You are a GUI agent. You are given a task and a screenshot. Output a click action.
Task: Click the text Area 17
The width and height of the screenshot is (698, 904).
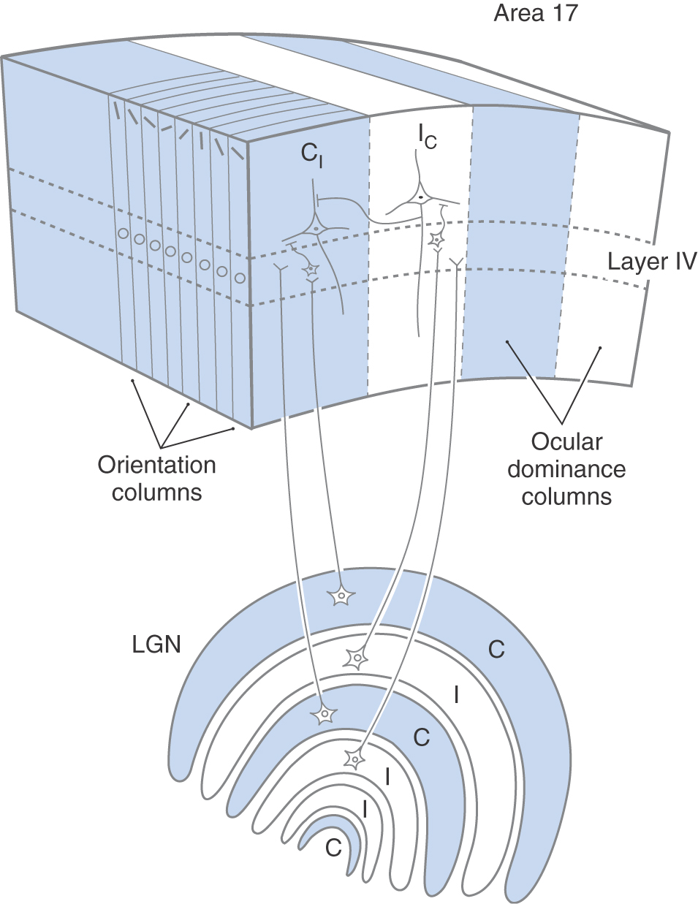(536, 13)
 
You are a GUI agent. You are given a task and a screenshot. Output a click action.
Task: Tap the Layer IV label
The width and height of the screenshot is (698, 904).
(652, 261)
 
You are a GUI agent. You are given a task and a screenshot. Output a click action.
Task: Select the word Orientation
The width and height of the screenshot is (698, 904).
(156, 465)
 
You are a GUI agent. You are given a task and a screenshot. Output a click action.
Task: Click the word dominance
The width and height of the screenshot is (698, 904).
(566, 469)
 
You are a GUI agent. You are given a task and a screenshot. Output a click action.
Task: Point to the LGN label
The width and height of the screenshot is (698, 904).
(156, 644)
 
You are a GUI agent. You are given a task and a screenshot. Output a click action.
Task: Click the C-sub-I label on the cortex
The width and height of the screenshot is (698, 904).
(311, 154)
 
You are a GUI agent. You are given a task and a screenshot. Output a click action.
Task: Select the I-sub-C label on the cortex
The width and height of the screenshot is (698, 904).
(427, 136)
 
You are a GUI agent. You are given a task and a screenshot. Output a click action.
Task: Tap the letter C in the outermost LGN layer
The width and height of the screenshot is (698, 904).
(496, 649)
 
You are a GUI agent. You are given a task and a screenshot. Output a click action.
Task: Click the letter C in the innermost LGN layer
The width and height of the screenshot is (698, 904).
(333, 848)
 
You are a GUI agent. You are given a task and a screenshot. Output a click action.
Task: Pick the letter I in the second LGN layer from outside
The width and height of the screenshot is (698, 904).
(457, 694)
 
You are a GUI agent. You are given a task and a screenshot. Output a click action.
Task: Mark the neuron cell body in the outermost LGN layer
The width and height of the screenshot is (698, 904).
(341, 596)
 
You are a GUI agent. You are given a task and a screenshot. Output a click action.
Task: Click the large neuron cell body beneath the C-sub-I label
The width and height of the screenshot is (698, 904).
(316, 227)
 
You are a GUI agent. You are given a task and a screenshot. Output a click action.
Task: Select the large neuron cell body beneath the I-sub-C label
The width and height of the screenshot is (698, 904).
(421, 197)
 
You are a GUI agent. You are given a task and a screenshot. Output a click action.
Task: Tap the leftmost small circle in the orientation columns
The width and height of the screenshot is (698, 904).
(124, 234)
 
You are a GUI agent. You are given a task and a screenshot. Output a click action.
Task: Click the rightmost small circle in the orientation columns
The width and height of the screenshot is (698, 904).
(240, 278)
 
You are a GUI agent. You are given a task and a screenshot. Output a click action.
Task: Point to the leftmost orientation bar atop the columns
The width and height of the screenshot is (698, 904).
(115, 109)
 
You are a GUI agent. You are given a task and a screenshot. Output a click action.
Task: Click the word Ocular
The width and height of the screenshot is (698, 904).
(566, 442)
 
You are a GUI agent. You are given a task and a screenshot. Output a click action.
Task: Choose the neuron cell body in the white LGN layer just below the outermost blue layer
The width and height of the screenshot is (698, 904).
(357, 658)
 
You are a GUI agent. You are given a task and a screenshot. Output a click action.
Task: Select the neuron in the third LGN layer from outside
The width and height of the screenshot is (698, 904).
(323, 713)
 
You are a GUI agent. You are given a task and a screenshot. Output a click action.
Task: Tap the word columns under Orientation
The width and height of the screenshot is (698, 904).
(156, 492)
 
